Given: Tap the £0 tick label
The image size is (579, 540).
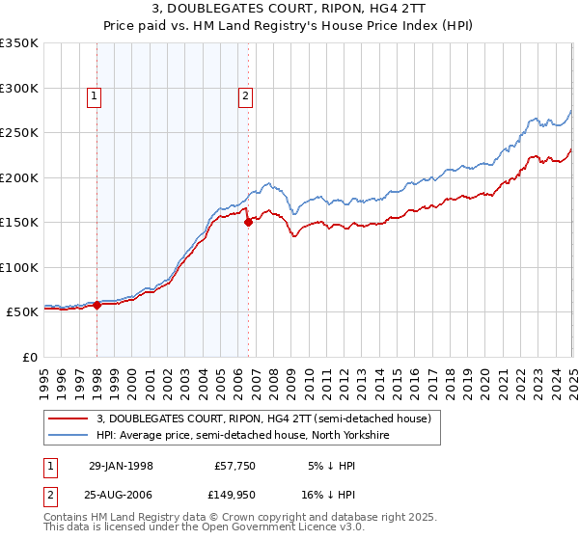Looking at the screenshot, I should pyautogui.click(x=28, y=357).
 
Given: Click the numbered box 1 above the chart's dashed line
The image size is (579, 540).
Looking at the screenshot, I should pyautogui.click(x=95, y=95).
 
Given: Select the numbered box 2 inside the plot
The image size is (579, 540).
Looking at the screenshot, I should pyautogui.click(x=246, y=95).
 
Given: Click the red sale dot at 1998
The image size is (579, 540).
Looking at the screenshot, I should pyautogui.click(x=97, y=305).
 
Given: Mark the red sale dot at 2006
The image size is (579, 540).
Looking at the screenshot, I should pyautogui.click(x=249, y=222).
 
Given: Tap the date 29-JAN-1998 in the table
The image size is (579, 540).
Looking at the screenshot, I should pyautogui.click(x=121, y=466).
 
